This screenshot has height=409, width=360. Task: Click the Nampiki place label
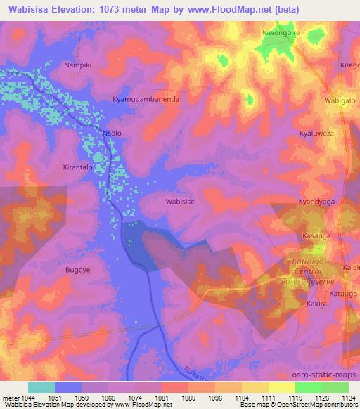click(77, 65)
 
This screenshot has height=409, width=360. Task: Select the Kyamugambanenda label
click(146, 100)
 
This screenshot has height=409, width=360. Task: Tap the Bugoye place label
click(79, 269)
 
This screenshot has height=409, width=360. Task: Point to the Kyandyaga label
click(315, 202)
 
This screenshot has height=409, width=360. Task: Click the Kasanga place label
click(316, 236)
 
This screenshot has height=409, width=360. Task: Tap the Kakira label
click(317, 304)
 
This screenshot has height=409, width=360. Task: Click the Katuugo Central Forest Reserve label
click(316, 267)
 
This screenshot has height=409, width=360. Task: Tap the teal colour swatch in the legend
click(41, 387)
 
